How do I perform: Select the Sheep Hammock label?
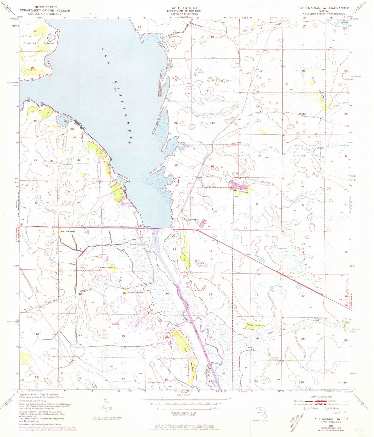[107, 267]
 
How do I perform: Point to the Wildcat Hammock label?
[136, 292]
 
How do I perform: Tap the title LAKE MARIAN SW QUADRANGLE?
[323, 8]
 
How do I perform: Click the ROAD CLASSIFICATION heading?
[321, 397]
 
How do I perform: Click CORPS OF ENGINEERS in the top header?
[184, 14]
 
